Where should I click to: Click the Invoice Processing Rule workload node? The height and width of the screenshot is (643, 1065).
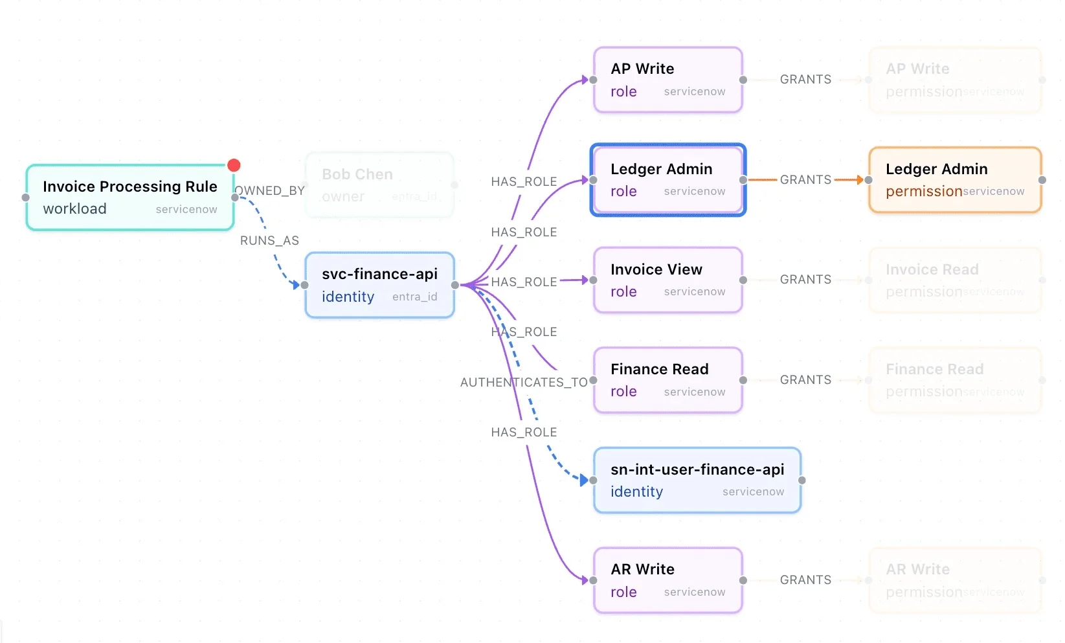[129, 197]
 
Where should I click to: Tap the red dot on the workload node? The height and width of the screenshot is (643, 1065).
[234, 166]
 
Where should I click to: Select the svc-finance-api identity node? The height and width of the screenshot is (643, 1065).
[379, 285]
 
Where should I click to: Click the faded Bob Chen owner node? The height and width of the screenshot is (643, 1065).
[379, 185]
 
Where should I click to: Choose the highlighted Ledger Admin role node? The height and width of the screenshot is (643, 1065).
[667, 180]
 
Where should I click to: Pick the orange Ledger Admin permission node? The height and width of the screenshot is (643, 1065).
[955, 180]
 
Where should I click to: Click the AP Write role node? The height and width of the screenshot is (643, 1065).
[667, 80]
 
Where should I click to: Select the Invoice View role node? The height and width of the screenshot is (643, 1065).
[667, 280]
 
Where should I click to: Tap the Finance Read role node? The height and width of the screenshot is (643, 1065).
[667, 380]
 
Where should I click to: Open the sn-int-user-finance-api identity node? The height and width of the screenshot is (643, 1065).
[697, 480]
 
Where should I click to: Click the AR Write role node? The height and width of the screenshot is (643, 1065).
[667, 580]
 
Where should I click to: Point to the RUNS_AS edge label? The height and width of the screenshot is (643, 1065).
[269, 241]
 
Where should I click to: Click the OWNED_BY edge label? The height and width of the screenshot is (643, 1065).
[270, 191]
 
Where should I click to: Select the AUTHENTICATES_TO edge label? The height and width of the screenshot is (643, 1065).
[524, 383]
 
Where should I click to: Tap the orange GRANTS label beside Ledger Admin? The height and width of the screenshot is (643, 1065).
[805, 180]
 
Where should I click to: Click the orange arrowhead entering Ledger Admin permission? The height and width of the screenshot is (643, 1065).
[859, 180]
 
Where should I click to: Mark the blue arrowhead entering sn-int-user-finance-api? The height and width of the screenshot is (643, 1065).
[584, 480]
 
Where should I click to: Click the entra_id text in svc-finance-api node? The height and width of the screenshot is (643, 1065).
[414, 297]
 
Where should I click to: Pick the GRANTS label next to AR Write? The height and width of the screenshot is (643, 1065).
[805, 580]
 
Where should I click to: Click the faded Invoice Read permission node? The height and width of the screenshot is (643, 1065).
[955, 280]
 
